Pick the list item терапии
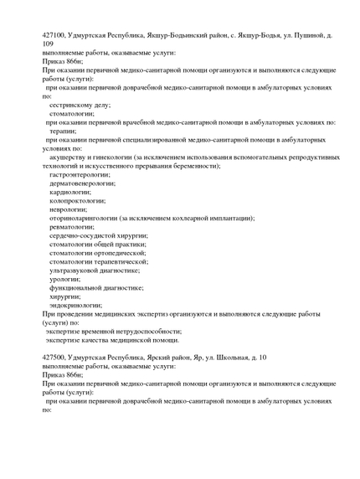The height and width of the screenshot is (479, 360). click(x=64, y=131)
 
